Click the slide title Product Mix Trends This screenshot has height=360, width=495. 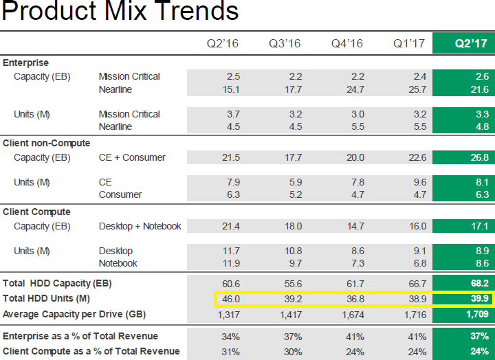point(120,12)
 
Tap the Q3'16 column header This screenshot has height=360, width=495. point(285,44)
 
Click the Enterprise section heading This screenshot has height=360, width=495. point(26,63)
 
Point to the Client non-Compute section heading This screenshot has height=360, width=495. point(47,143)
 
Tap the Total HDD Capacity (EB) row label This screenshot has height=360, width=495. point(57,283)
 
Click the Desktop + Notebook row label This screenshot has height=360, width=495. point(140,226)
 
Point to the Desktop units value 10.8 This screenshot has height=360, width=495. point(291,251)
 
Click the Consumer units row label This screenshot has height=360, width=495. point(120,194)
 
